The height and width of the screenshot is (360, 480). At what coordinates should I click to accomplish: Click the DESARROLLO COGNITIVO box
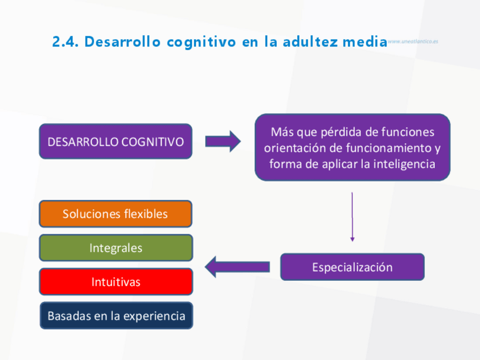pos(115,142)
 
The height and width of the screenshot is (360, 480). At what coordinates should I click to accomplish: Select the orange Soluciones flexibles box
pos(115,214)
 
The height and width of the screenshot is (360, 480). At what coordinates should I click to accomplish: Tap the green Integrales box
pos(115,248)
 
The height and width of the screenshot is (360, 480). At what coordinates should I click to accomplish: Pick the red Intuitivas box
pos(115,282)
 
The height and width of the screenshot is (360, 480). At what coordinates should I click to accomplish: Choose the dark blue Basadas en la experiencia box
pos(116,316)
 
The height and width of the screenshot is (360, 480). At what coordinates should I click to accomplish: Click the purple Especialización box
pos(352,267)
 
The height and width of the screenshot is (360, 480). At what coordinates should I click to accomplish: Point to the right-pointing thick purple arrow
pos(222,141)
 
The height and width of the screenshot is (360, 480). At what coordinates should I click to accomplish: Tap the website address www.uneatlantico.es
pos(413,41)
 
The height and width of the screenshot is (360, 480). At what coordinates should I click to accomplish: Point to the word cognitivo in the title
pos(201,42)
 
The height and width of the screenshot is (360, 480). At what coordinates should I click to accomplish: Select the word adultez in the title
pos(308,42)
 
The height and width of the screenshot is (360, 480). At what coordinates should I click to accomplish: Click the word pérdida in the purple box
pos(341,132)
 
